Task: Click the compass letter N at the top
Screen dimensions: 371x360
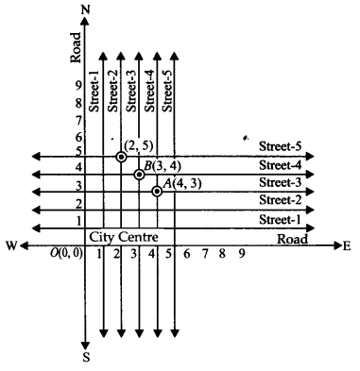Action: (86, 9)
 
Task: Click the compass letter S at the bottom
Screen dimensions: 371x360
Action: (86, 357)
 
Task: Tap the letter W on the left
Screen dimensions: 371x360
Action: (12, 246)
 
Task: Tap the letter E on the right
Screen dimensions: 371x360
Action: (347, 246)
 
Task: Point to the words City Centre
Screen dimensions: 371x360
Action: (123, 235)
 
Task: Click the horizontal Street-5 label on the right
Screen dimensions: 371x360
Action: (280, 148)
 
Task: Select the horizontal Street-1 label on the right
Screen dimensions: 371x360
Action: (280, 219)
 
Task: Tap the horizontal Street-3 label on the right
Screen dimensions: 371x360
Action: (280, 183)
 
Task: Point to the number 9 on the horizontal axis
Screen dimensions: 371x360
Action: (242, 255)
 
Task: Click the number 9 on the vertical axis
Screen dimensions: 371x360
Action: (77, 87)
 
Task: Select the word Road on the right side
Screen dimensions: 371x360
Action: (292, 237)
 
